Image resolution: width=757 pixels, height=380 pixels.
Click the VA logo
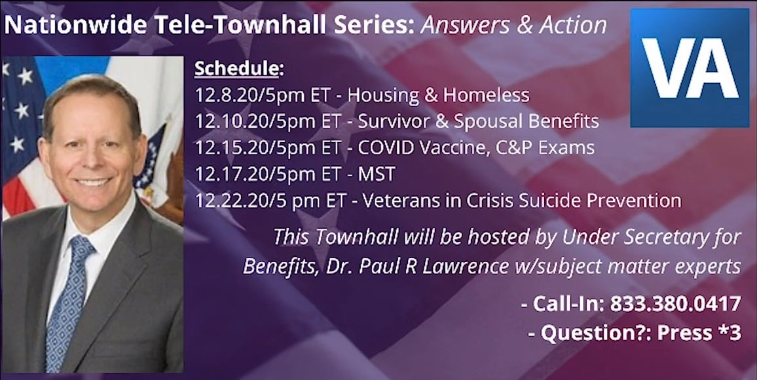point(690,67)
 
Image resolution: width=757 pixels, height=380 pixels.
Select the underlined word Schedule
point(236,69)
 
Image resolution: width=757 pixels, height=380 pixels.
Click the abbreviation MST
point(376,174)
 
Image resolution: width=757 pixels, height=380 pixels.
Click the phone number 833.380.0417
point(676,304)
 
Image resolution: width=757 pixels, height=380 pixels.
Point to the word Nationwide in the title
point(76,25)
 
